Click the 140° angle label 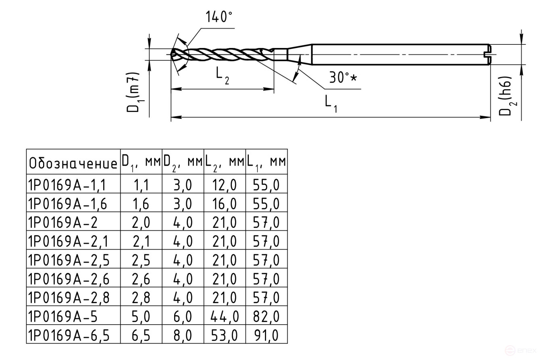coord(219,17)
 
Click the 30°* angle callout coord(342,77)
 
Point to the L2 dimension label coord(222,75)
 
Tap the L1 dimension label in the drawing coord(331,104)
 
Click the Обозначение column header coord(73,163)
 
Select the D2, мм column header coord(183,162)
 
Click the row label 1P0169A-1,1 coord(67,185)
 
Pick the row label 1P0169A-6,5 coord(69,335)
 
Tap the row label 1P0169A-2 coord(62,223)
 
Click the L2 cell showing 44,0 coord(225,316)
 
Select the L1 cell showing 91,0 coord(266,335)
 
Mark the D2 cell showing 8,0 coord(183,335)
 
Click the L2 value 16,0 coord(225,204)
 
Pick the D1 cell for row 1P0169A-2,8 coord(141,298)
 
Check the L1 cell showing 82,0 coord(266,316)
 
